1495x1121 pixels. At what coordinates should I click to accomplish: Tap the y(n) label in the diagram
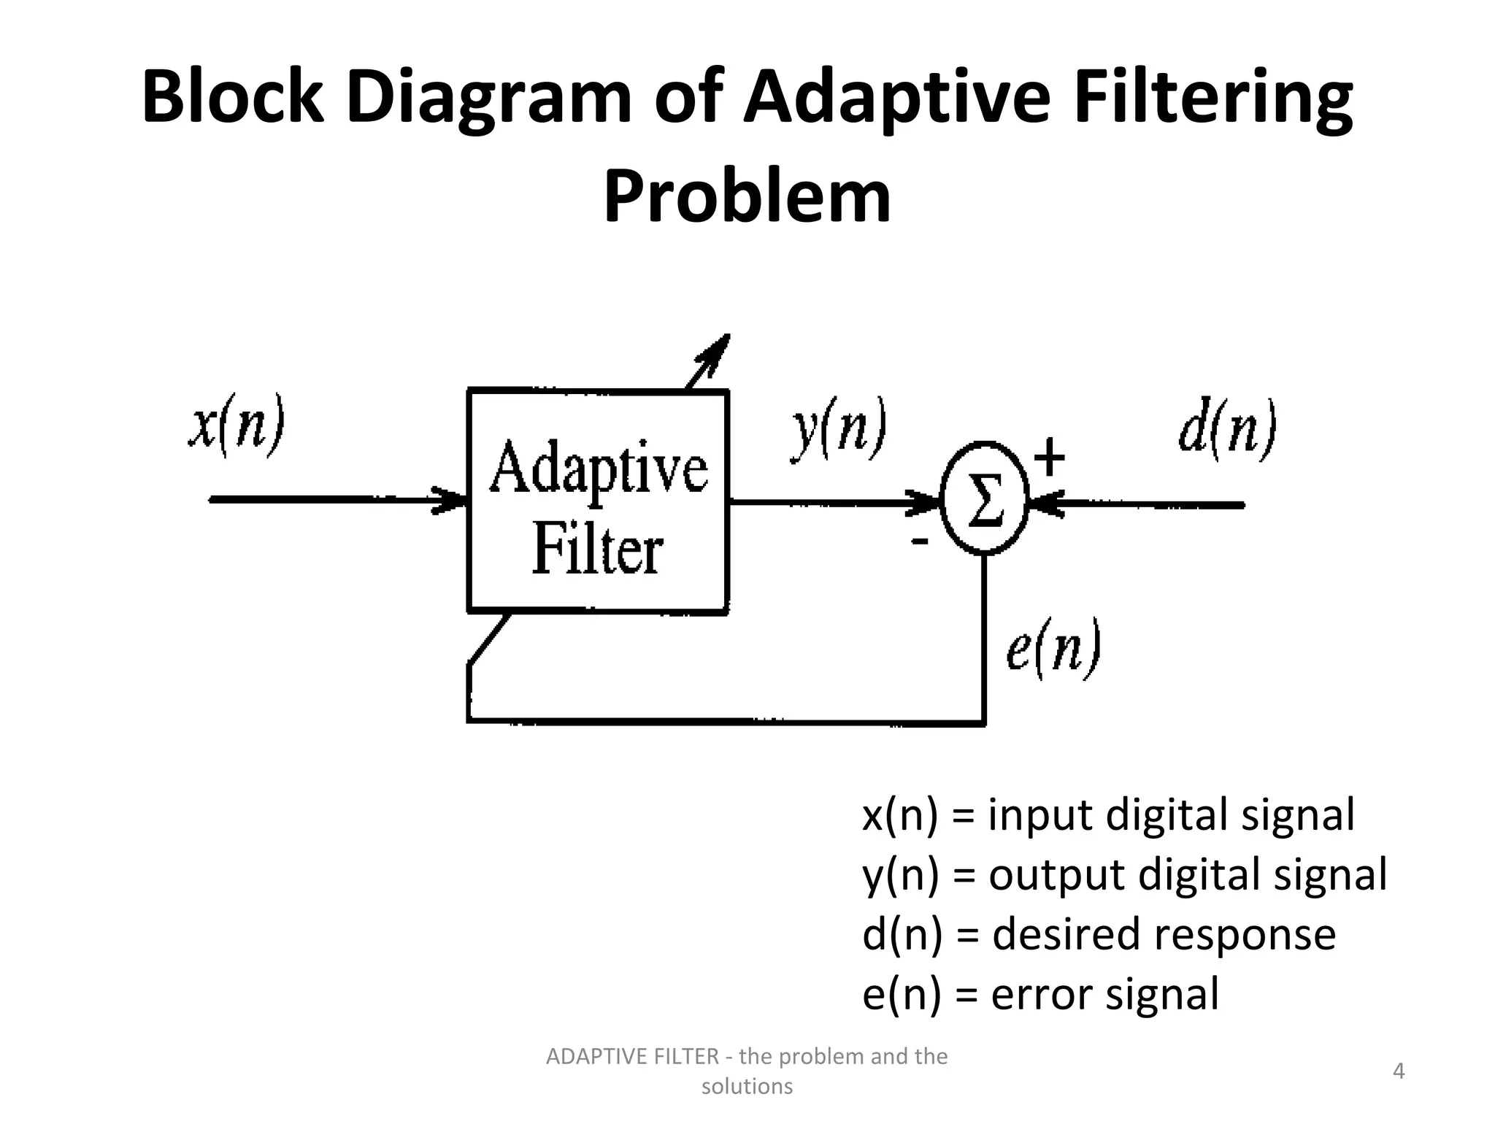coord(839,431)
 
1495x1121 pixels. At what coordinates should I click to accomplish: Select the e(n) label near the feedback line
coord(1052,650)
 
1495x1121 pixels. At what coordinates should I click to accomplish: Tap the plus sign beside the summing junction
coord(1050,458)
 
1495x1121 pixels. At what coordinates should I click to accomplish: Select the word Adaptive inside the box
coord(598,469)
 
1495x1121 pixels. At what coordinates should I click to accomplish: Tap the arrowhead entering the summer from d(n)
coord(1045,504)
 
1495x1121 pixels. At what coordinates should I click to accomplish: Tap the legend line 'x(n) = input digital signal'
coord(1107,815)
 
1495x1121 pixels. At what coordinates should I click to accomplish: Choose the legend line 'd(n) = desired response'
coord(1099,934)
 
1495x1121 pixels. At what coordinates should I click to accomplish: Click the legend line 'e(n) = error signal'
coord(1040,994)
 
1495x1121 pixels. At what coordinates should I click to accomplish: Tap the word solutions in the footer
coord(747,1087)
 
